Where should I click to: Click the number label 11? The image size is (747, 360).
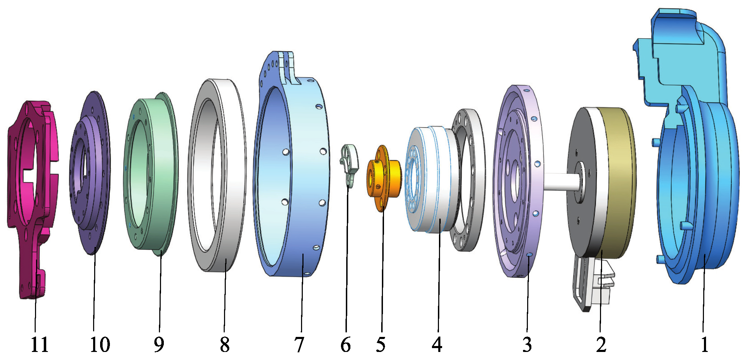click(x=40, y=345)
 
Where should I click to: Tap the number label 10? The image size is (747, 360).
click(x=100, y=345)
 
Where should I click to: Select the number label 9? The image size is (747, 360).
click(x=159, y=345)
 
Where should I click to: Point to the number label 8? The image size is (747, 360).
click(x=225, y=345)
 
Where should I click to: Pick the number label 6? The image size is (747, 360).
click(x=345, y=345)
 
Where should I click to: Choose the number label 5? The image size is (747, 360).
click(x=381, y=345)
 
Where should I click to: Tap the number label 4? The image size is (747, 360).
click(x=437, y=345)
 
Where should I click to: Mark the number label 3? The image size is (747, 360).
click(x=527, y=345)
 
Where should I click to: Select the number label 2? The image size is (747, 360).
click(x=601, y=345)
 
